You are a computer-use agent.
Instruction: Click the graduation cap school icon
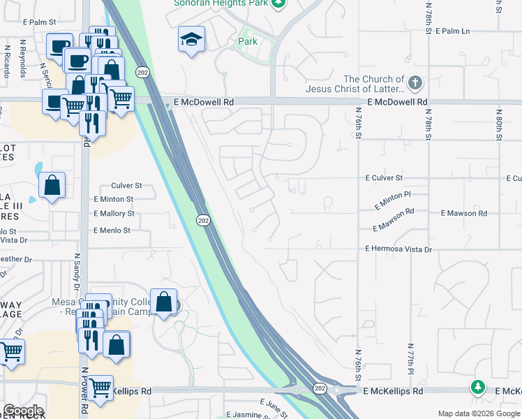coord(190,41)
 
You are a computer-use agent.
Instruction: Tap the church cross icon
coord(415,84)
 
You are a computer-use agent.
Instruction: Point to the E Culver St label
coord(384,179)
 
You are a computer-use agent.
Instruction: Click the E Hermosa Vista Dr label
coord(398,249)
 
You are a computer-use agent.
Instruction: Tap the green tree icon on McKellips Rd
coord(477,386)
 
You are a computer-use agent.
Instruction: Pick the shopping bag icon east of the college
coord(163,304)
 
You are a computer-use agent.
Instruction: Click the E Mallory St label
coord(114,214)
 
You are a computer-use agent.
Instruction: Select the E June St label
coord(274,407)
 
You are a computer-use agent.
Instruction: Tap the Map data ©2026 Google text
coord(478,414)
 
